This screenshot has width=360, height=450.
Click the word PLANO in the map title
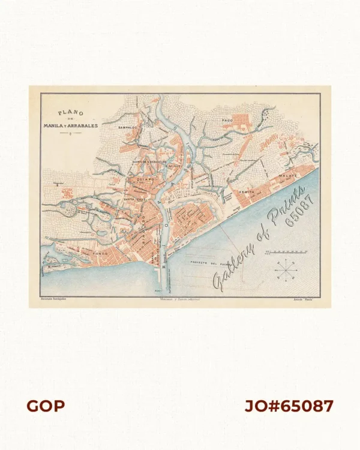tap(67, 112)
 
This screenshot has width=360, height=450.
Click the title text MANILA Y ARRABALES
tap(68, 125)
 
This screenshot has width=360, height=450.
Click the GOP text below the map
tap(46, 406)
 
